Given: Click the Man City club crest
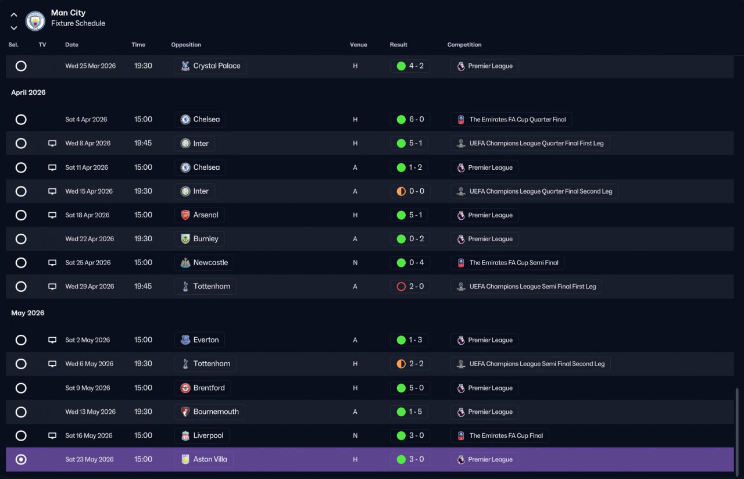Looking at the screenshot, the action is pyautogui.click(x=35, y=20).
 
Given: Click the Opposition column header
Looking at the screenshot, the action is pyautogui.click(x=186, y=45).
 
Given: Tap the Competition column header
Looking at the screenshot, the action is pyautogui.click(x=464, y=45).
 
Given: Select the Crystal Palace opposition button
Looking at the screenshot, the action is pyautogui.click(x=210, y=66).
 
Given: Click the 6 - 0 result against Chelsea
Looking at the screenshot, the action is pyautogui.click(x=416, y=119).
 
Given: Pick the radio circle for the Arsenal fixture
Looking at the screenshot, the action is pyautogui.click(x=21, y=215).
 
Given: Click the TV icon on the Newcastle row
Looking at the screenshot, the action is pyautogui.click(x=52, y=263).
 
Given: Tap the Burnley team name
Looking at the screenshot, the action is pyautogui.click(x=206, y=239).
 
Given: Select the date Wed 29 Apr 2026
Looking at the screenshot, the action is pyautogui.click(x=90, y=287).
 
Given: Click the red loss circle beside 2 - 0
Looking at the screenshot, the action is pyautogui.click(x=401, y=287).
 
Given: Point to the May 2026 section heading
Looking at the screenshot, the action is pyautogui.click(x=27, y=313).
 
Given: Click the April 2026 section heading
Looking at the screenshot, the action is pyautogui.click(x=28, y=92).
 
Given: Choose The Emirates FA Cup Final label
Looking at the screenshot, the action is pyautogui.click(x=506, y=435).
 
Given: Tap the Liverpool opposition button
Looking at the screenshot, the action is pyautogui.click(x=202, y=435).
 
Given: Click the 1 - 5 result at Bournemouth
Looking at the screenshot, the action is pyautogui.click(x=415, y=412).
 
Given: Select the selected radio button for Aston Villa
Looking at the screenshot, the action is pyautogui.click(x=21, y=459).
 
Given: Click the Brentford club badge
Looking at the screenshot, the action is pyautogui.click(x=185, y=388).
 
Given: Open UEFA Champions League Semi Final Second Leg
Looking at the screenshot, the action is pyautogui.click(x=536, y=364).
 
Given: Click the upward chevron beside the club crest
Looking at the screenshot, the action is pyautogui.click(x=13, y=15).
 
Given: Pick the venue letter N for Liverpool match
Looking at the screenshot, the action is pyautogui.click(x=355, y=435).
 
